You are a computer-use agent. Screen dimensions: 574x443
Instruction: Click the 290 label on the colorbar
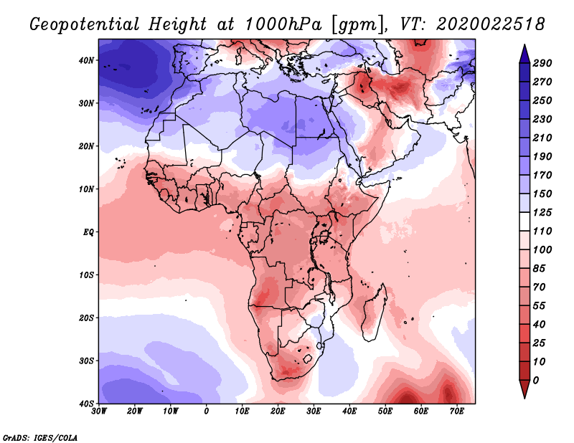click(x=542, y=63)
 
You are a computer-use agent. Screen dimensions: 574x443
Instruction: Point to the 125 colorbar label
click(x=542, y=212)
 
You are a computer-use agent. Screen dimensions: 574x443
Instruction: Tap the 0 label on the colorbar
click(x=536, y=381)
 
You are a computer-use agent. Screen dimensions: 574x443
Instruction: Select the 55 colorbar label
click(x=539, y=306)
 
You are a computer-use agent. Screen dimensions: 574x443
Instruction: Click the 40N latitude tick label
click(x=86, y=60)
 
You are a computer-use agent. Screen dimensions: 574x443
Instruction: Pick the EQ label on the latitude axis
click(x=88, y=232)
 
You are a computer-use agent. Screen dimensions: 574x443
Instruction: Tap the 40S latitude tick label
click(x=86, y=404)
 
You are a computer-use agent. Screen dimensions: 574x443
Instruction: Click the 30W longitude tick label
click(x=99, y=411)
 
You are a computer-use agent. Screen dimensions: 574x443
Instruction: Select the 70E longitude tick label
click(x=456, y=411)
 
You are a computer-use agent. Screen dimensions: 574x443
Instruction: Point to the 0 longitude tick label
click(x=207, y=411)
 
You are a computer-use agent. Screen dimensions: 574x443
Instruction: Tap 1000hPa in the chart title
click(x=283, y=24)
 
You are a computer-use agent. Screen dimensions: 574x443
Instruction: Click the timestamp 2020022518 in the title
click(x=491, y=24)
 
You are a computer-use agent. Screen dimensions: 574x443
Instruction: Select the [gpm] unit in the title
click(x=359, y=25)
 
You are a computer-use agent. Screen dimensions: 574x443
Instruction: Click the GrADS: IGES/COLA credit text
click(x=40, y=438)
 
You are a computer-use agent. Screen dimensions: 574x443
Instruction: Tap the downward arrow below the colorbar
click(x=524, y=389)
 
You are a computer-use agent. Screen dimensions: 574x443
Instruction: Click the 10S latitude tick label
click(x=86, y=275)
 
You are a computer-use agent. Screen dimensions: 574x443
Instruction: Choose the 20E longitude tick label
click(x=278, y=411)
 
